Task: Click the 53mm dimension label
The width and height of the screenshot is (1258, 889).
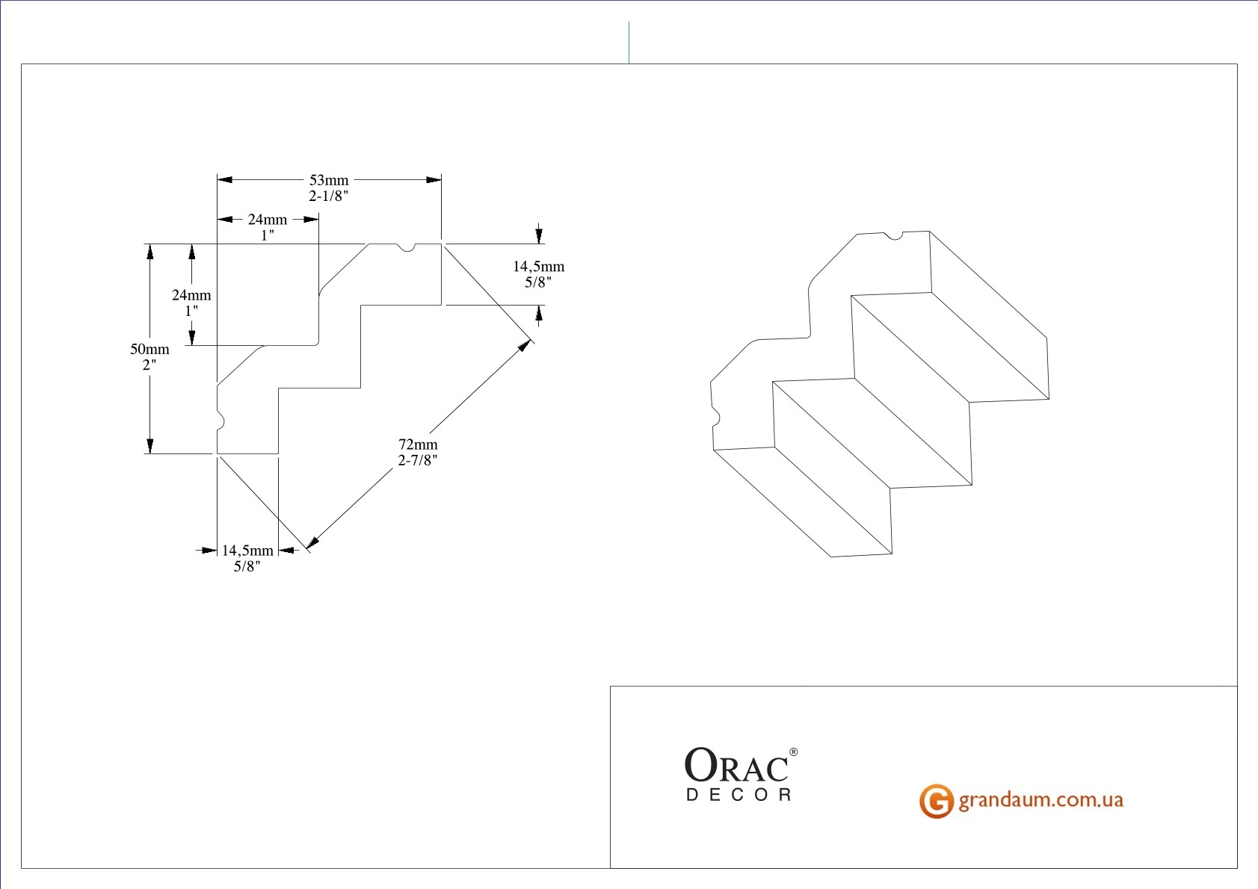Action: tap(329, 180)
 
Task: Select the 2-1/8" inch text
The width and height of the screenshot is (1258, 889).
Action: tap(329, 196)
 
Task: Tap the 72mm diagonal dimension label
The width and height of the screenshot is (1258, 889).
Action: tap(418, 444)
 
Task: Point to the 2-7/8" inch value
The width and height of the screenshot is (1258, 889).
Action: tap(418, 461)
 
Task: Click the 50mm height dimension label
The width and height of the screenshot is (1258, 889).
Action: tap(149, 349)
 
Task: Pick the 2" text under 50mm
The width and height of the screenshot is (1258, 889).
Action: tap(149, 365)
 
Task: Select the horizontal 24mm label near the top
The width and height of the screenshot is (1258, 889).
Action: tap(268, 220)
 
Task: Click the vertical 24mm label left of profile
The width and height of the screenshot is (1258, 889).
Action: tap(191, 295)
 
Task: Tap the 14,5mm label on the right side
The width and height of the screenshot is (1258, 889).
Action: tap(538, 267)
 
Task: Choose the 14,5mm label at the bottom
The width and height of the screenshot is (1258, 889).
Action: tap(247, 551)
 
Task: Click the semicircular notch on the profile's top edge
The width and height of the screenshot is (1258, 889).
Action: tap(406, 247)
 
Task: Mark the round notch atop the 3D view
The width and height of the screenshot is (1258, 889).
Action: tap(893, 237)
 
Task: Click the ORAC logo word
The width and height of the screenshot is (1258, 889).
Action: tap(736, 766)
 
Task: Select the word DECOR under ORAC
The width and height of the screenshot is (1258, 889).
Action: tap(739, 795)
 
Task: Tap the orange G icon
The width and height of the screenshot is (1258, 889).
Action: tap(936, 801)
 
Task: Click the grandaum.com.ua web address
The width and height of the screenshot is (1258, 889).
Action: tap(1040, 800)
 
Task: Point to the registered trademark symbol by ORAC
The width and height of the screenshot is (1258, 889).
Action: tap(793, 752)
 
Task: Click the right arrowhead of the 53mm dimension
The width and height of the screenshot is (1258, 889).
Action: tap(434, 180)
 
